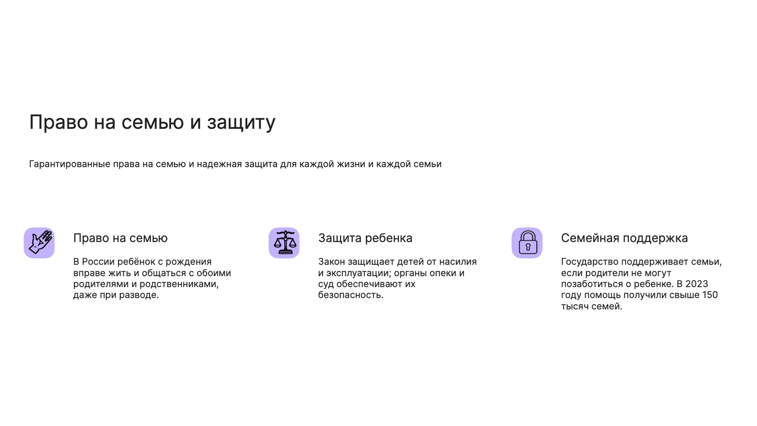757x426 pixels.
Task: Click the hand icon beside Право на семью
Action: pyautogui.click(x=39, y=243)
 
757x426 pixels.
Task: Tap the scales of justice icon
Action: pyautogui.click(x=284, y=243)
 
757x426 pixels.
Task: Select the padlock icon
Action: pyautogui.click(x=527, y=243)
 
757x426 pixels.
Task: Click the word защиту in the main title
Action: pyautogui.click(x=241, y=123)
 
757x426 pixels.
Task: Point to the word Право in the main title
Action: pyautogui.click(x=58, y=122)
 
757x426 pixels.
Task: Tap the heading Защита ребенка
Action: pyautogui.click(x=365, y=238)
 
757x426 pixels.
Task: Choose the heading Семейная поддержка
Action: pyautogui.click(x=625, y=238)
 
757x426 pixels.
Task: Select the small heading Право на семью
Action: pyautogui.click(x=120, y=238)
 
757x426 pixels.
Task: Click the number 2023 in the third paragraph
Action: pyautogui.click(x=697, y=284)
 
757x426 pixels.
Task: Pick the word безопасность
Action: pyautogui.click(x=351, y=295)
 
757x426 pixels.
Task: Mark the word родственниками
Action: pyautogui.click(x=179, y=284)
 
